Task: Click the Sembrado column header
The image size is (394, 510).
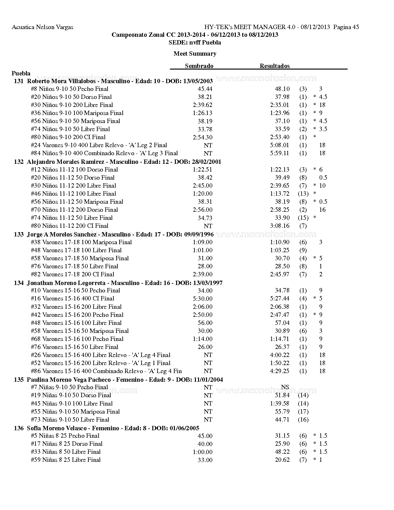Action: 199,66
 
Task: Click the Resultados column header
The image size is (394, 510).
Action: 274,66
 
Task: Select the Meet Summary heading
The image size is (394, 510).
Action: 195,54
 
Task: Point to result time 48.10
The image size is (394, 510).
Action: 282,89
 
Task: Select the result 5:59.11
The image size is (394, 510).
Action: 279,153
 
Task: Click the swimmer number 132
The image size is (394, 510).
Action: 19,162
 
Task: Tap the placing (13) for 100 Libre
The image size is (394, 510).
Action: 303,194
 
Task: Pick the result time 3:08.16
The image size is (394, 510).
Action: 279,226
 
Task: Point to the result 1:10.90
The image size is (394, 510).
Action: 279,242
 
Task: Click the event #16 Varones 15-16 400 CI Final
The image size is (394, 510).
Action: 73,299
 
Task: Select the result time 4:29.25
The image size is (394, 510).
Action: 279,371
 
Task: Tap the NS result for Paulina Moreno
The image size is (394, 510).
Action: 285,387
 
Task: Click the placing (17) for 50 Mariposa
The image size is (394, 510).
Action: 303,412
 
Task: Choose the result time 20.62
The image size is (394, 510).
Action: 282,460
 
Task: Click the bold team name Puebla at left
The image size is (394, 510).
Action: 21,74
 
